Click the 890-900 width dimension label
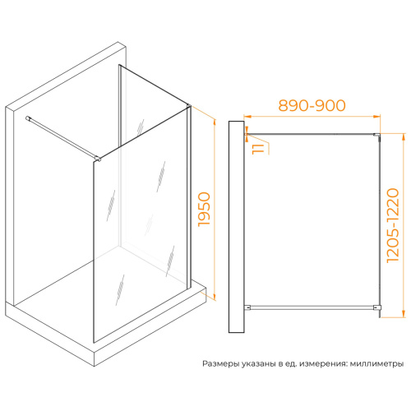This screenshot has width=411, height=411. (312, 105)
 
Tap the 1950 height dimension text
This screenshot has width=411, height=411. (205, 210)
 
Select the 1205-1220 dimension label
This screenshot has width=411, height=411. (392, 225)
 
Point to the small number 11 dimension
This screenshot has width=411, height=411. (258, 149)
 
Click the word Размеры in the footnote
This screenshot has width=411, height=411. (221, 364)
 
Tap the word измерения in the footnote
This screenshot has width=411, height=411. (323, 364)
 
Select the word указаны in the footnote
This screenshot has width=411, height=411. (259, 364)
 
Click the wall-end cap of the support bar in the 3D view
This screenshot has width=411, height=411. (28, 118)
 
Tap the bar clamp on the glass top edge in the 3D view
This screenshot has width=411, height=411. (98, 158)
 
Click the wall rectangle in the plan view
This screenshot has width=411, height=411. (236, 227)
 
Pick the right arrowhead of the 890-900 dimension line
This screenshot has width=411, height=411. (376, 117)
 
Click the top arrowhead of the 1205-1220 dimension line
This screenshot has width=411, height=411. (403, 137)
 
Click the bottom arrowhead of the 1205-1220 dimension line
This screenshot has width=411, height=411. (403, 314)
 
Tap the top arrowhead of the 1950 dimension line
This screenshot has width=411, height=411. (215, 122)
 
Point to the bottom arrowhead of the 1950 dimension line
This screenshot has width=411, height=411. (215, 297)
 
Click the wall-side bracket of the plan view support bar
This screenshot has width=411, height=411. (247, 307)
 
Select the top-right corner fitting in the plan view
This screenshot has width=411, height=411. (377, 136)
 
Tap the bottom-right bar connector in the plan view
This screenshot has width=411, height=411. (377, 308)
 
